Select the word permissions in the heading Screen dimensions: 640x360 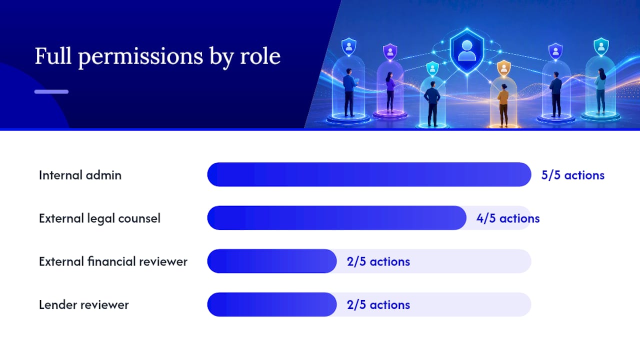pos(140,57)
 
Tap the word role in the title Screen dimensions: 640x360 pos(260,56)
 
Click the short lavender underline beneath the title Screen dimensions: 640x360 pos(51,91)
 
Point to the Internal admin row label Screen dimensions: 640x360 pos(80,175)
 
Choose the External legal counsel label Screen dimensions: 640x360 pos(99,218)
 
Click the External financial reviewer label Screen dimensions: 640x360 pos(113,261)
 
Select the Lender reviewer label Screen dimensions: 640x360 pos(83,305)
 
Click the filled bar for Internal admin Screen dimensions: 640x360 pos(369,174)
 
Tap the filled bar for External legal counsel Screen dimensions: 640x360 pos(337,217)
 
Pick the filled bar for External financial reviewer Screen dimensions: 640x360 pos(272,261)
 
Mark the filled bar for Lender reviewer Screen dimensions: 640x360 pos(272,304)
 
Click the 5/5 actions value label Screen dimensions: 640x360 pos(573,175)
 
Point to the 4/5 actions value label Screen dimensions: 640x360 pos(508,218)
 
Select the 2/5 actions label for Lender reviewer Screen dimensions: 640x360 pos(378,305)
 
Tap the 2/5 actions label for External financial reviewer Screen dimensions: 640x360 pos(378,261)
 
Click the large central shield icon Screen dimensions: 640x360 pos(467,51)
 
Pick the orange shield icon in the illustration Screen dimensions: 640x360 pos(503,68)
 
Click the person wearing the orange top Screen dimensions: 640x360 pos(503,105)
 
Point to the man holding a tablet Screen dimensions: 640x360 pos(350,92)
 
